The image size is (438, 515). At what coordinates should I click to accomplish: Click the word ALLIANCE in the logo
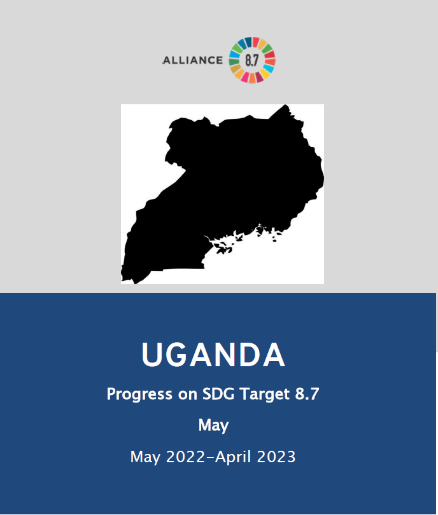[x=193, y=60]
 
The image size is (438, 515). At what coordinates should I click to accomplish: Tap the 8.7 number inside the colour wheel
[x=252, y=60]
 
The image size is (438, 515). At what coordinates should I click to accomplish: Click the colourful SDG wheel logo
[x=252, y=60]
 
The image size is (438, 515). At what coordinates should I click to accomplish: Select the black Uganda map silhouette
[x=223, y=194]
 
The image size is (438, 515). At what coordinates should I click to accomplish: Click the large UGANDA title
[x=213, y=354]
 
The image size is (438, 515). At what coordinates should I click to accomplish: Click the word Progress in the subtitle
[x=139, y=394]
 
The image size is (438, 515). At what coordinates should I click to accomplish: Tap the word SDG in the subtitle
[x=218, y=394]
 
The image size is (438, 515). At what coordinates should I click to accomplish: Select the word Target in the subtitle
[x=265, y=394]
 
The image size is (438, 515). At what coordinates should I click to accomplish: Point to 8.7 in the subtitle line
[x=307, y=394]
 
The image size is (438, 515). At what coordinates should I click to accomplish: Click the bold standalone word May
[x=213, y=425]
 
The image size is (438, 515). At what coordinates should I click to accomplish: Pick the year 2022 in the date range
[x=185, y=457]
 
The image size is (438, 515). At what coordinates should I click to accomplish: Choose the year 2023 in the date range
[x=276, y=457]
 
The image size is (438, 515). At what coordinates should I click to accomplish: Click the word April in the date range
[x=234, y=457]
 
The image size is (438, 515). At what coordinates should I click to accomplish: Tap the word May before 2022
[x=145, y=457]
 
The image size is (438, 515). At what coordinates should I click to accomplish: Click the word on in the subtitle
[x=187, y=395]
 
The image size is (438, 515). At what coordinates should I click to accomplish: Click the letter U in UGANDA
[x=152, y=354]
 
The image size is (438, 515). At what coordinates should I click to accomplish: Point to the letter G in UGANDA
[x=176, y=354]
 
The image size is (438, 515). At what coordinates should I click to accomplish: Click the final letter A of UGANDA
[x=274, y=354]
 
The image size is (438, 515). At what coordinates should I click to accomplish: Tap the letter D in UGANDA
[x=250, y=354]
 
